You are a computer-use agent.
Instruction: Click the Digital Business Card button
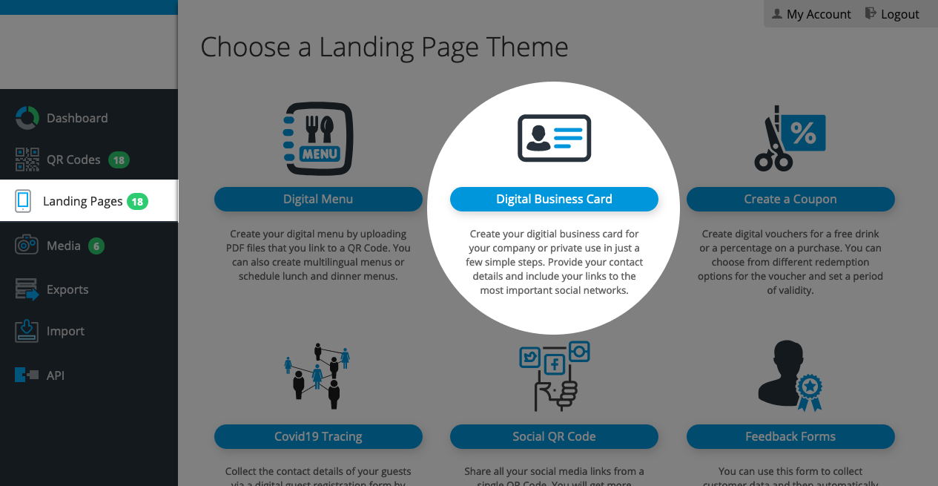pos(554,199)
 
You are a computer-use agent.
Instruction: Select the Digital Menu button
pos(318,199)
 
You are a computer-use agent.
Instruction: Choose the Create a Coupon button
pos(790,199)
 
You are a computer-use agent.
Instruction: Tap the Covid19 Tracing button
pos(318,436)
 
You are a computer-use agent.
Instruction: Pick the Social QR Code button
pos(554,436)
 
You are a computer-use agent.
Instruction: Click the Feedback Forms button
pos(790,436)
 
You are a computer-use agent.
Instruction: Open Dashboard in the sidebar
pos(62,118)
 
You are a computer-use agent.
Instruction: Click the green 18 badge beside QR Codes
pos(119,160)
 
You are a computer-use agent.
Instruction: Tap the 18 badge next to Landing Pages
pos(137,202)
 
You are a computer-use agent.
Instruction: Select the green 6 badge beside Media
pos(96,246)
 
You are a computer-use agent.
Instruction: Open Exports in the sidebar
pos(52,289)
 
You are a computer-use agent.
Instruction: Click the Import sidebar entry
pos(50,331)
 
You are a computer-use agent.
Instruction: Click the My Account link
pos(811,14)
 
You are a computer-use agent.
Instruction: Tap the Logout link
pos(892,14)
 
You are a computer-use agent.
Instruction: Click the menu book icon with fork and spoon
pos(318,138)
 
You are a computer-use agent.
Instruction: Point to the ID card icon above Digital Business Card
pos(554,138)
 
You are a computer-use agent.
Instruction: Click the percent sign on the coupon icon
pos(803,134)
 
